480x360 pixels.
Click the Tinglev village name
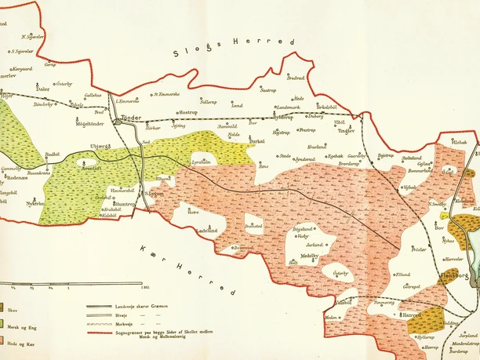(x=345, y=132)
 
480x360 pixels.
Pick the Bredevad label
(x=295, y=78)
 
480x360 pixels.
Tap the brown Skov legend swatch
(x=2, y=309)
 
